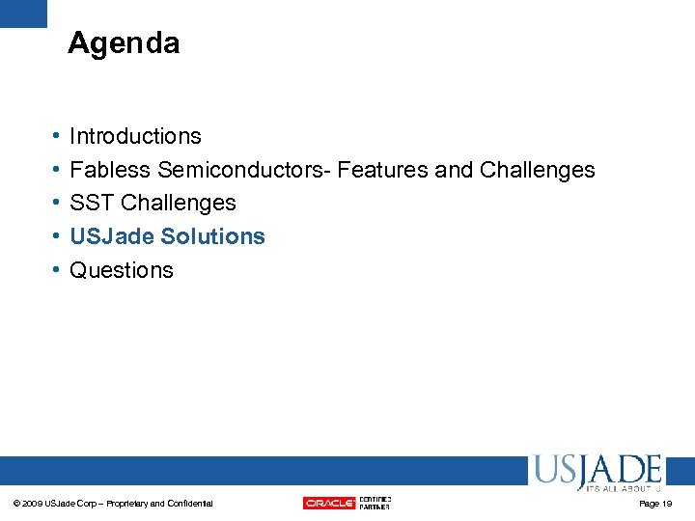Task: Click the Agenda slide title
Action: click(124, 43)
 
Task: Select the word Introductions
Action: click(135, 136)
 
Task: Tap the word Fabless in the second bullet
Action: click(110, 170)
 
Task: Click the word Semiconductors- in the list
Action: click(243, 170)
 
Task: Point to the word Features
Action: click(383, 170)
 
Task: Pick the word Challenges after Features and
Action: click(537, 170)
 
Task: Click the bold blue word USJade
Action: click(112, 236)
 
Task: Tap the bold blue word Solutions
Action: click(213, 236)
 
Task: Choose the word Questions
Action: click(122, 270)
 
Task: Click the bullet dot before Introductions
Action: click(56, 137)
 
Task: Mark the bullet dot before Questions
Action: click(56, 271)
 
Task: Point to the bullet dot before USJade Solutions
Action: click(56, 237)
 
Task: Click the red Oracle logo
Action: click(329, 503)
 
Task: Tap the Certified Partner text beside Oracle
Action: click(375, 503)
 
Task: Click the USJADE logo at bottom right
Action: click(596, 473)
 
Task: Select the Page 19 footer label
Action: click(655, 504)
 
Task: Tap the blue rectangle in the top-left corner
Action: click(23, 13)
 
